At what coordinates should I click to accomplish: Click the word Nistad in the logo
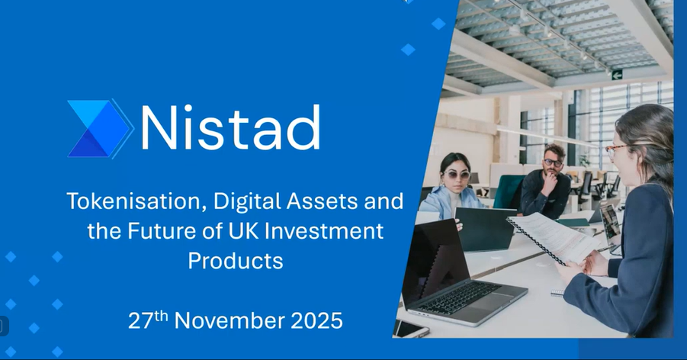click(230, 127)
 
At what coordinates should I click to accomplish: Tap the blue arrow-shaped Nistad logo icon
click(101, 128)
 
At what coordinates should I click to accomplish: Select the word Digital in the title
click(248, 201)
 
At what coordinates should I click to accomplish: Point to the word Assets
click(323, 201)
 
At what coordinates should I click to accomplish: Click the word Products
click(236, 260)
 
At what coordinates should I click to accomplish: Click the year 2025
click(316, 320)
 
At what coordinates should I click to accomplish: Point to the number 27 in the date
click(140, 321)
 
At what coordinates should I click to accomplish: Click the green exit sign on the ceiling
click(617, 75)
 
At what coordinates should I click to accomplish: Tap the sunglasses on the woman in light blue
click(456, 175)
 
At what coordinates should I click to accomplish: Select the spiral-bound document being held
click(554, 237)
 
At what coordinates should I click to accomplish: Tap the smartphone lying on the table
click(410, 329)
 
